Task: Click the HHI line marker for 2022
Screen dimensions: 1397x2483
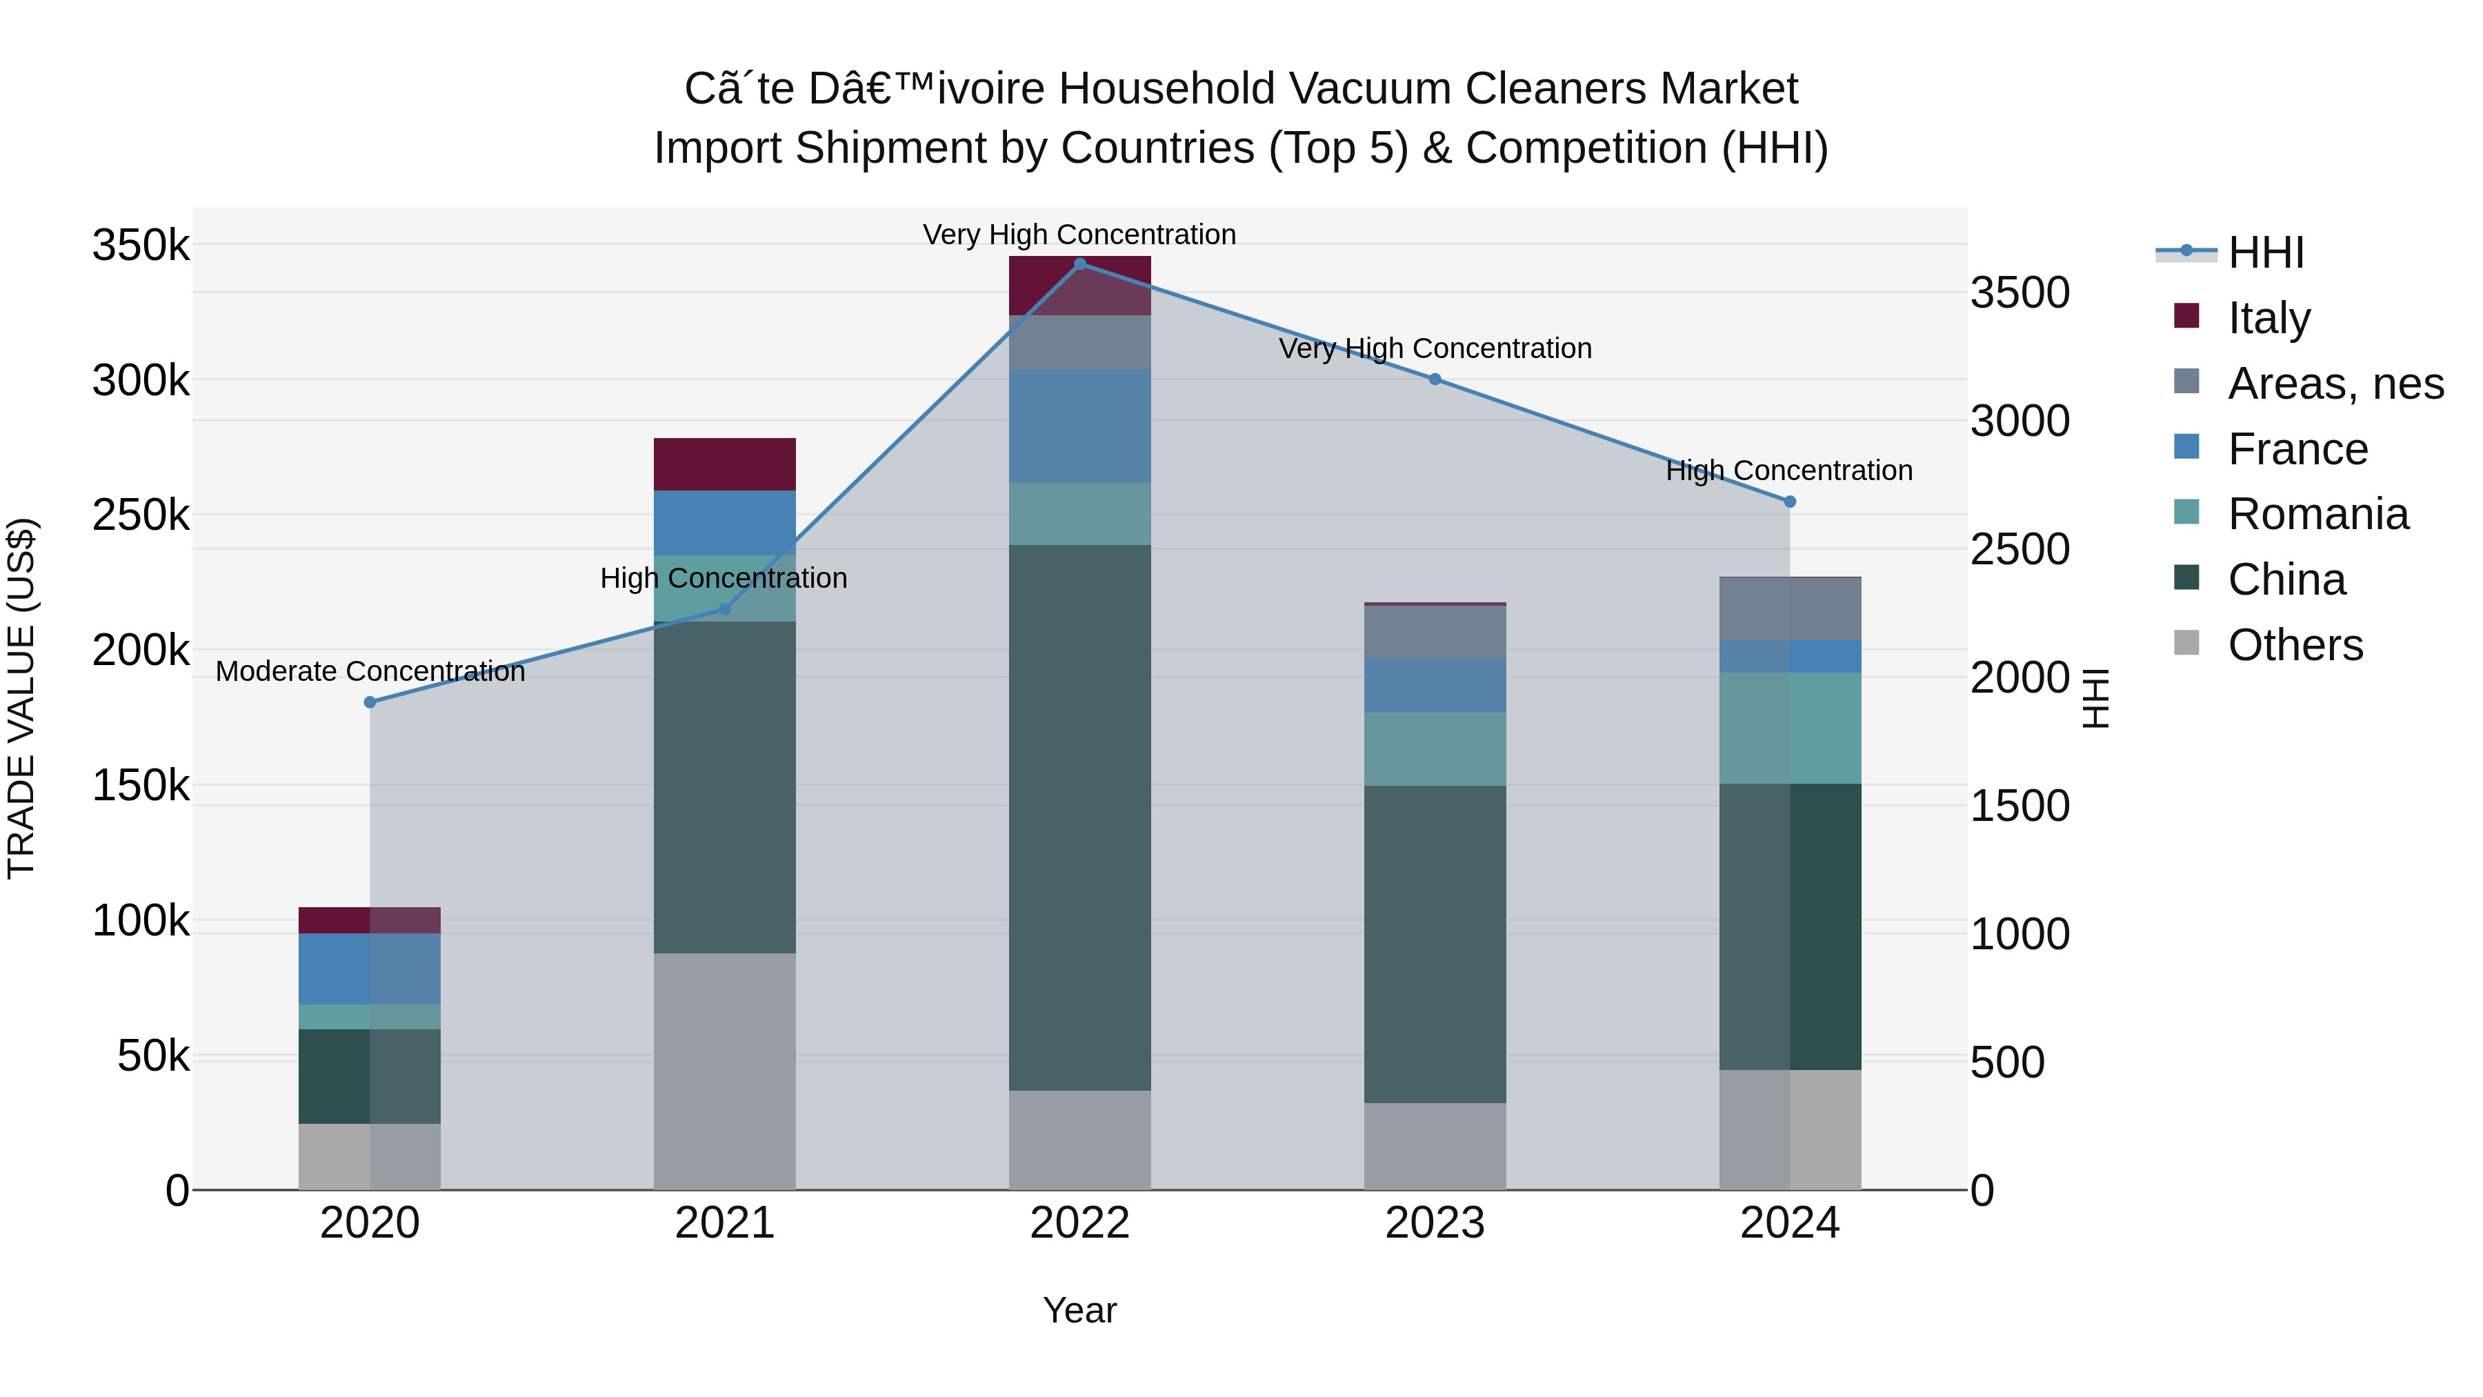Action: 1079,264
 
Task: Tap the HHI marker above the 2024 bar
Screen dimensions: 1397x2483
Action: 1790,502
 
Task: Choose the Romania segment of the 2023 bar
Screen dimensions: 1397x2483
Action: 1435,749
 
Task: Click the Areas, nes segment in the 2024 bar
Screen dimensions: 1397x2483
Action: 1790,608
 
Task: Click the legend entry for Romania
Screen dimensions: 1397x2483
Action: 2318,514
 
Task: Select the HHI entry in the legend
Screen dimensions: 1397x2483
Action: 2265,252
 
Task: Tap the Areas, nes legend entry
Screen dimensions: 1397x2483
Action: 2335,383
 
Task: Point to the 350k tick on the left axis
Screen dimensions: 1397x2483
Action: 141,245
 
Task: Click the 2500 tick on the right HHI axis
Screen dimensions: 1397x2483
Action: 2020,550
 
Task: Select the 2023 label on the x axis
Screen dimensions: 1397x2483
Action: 1435,1222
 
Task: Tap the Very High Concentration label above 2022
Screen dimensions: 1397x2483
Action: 1079,235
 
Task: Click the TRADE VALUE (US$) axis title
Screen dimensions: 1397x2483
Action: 21,698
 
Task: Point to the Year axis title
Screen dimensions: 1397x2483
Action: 1079,1310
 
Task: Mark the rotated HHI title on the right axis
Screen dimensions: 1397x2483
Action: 2095,698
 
